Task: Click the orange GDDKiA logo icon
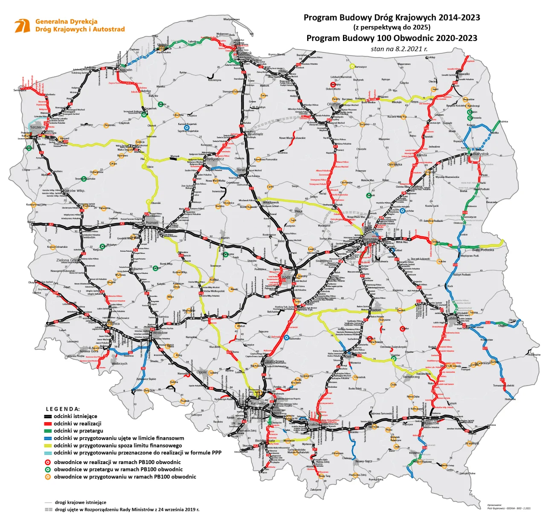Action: tap(22, 26)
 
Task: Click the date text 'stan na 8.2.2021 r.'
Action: tap(399, 49)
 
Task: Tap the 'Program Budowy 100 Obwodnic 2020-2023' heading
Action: tap(392, 38)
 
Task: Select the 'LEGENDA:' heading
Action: tap(63, 409)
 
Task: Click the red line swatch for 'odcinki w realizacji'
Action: tap(48, 424)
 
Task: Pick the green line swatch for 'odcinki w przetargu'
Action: tap(48, 431)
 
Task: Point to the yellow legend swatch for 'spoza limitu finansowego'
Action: tap(48, 445)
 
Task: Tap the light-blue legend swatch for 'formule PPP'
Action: tap(48, 453)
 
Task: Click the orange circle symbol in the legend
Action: tap(48, 476)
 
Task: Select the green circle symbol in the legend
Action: tap(48, 469)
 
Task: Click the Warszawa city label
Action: tap(370, 239)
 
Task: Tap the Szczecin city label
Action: tap(38, 127)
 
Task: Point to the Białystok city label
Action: tap(481, 154)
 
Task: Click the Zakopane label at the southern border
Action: tap(316, 490)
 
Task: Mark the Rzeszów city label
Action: tap(431, 423)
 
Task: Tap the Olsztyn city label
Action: tap(334, 104)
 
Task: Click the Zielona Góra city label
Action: tap(67, 260)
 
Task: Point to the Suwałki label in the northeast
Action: tap(464, 74)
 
